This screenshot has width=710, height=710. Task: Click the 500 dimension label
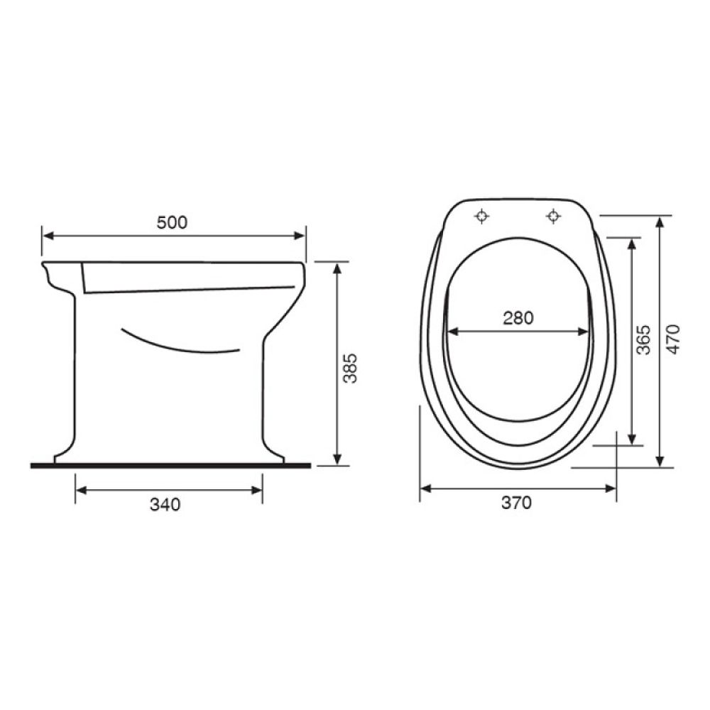(x=172, y=223)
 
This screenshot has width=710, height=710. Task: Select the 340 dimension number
(x=165, y=504)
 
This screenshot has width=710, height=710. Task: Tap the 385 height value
(x=350, y=368)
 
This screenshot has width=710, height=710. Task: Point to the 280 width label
(x=518, y=318)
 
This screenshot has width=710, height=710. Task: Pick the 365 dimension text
(x=643, y=339)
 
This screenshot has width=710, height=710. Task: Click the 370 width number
(x=516, y=503)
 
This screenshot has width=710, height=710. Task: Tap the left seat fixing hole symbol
(x=482, y=216)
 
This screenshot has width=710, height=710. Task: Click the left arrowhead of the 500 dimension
(x=48, y=236)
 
